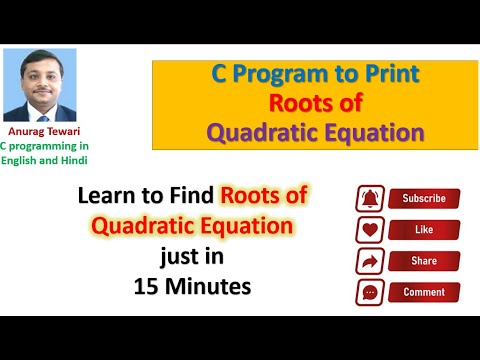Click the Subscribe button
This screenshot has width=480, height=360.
423,198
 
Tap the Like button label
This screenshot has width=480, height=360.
423,230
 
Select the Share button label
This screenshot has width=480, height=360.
423,261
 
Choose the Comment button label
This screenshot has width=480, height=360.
423,293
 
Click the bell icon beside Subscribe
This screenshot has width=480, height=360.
369,198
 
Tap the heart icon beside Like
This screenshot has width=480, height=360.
369,230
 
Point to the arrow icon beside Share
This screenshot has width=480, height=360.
369,261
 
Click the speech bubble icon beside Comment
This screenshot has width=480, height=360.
369,293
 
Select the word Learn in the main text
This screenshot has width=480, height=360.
105,198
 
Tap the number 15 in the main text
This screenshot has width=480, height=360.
147,285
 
